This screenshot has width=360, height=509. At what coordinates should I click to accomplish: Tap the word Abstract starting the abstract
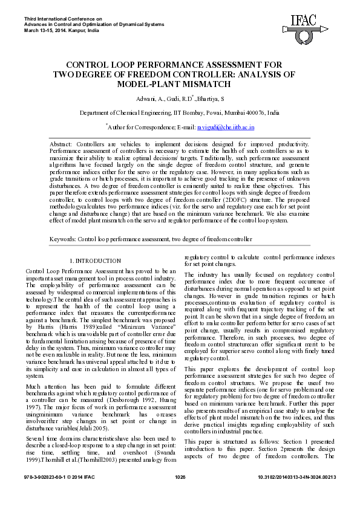(x=61, y=144)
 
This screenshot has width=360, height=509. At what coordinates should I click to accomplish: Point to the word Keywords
(x=62, y=239)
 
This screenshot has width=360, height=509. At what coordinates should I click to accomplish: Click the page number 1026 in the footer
(x=180, y=494)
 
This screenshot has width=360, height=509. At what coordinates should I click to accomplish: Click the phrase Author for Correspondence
(x=137, y=128)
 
